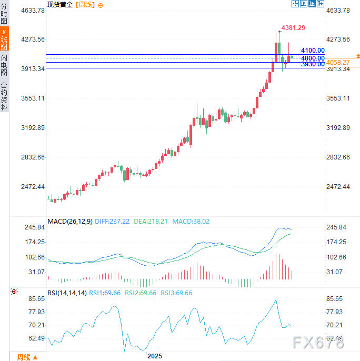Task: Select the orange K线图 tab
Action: tap(4, 39)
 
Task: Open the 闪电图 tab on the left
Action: tap(4, 66)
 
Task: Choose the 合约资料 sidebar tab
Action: tap(4, 96)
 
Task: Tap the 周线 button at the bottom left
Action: tap(26, 357)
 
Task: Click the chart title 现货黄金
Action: tap(60, 5)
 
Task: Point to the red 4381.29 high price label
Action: tap(293, 27)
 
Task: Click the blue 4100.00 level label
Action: tap(313, 51)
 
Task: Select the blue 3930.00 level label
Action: tap(313, 64)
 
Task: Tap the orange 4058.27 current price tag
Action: tap(338, 62)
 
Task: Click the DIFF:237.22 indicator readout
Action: tap(112, 222)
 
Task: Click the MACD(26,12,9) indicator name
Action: tap(70, 222)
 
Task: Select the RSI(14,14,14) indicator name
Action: tap(66, 293)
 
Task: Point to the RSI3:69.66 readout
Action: tap(176, 293)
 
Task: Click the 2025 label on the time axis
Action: tap(155, 356)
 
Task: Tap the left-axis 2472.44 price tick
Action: tap(33, 187)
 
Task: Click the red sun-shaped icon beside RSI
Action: tap(14, 291)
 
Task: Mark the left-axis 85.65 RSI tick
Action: tap(37, 298)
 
